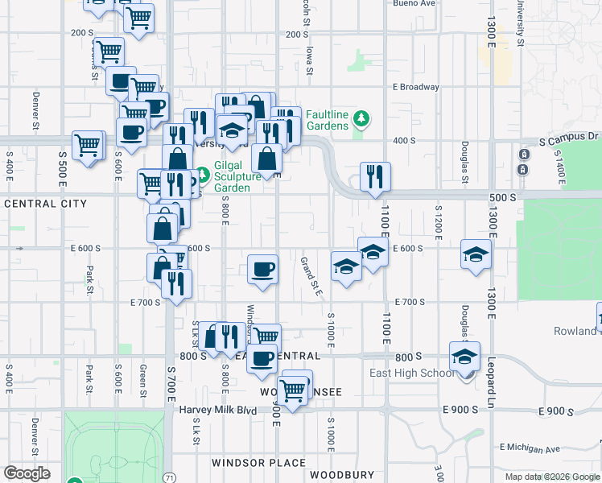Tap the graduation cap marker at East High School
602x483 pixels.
[464, 356]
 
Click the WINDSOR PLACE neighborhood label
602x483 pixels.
[258, 463]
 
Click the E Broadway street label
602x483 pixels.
[415, 87]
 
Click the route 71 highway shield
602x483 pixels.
[169, 477]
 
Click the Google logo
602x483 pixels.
[26, 473]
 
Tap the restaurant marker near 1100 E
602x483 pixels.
[375, 177]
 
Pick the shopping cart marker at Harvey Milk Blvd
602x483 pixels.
[294, 390]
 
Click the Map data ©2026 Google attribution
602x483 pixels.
[552, 477]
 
